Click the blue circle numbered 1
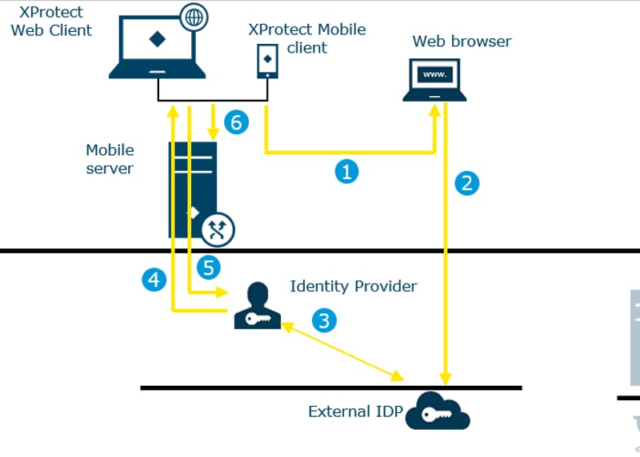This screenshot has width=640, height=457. [x=346, y=172]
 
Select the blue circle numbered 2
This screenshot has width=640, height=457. [x=467, y=184]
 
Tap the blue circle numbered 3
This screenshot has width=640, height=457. [x=324, y=320]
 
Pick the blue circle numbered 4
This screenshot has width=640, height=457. [x=154, y=280]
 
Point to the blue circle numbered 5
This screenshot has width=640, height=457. [x=209, y=268]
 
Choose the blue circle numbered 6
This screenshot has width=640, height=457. [x=236, y=122]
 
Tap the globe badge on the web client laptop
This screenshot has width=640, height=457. [x=194, y=17]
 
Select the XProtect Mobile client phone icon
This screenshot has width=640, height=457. [x=267, y=62]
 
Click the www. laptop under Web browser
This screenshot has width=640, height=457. [x=434, y=80]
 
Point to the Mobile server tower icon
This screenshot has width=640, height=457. [x=193, y=189]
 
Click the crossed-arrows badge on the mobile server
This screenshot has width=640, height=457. [x=218, y=229]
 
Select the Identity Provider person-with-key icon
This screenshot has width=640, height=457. [x=257, y=305]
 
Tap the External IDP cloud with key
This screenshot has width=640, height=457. [x=438, y=411]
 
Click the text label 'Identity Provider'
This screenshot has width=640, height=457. [x=354, y=286]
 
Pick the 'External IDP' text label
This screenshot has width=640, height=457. [x=355, y=411]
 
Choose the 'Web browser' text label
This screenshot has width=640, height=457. [x=462, y=42]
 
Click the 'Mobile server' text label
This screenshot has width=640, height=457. [x=110, y=159]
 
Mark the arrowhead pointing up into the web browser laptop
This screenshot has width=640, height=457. [x=434, y=110]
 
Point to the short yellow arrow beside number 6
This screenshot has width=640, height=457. [x=213, y=122]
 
